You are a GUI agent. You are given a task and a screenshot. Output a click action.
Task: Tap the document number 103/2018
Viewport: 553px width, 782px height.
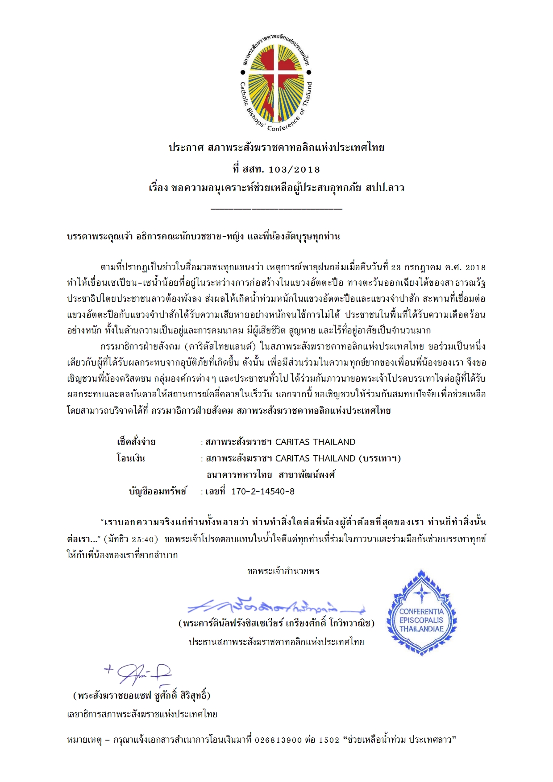tap(295, 169)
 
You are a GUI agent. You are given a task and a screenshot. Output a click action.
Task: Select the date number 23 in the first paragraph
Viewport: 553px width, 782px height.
tap(396, 268)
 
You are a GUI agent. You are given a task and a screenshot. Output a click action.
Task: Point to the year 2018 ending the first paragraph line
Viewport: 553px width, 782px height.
tap(475, 268)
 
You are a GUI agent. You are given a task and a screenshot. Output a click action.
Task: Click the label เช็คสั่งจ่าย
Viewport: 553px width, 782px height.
tap(136, 442)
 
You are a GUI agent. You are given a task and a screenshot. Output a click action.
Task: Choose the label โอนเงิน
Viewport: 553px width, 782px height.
tap(131, 458)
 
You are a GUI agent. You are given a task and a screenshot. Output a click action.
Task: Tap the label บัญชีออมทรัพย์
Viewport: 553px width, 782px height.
tap(158, 491)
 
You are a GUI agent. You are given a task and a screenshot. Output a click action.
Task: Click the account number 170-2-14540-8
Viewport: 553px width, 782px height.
tap(263, 491)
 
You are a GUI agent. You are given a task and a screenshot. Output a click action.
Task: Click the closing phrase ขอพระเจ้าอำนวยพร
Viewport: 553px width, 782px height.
tap(283, 571)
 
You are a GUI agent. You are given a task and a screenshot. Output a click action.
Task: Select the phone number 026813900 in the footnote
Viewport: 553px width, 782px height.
tap(279, 740)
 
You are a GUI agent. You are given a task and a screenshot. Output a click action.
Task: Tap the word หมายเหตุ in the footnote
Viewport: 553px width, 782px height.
tap(84, 740)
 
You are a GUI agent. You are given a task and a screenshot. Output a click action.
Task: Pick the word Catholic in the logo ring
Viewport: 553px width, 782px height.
tap(245, 94)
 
